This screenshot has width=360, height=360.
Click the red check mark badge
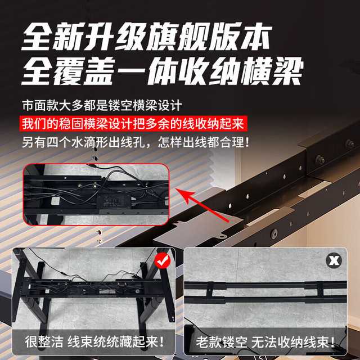163,260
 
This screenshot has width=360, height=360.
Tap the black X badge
334,260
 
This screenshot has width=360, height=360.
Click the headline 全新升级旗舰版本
146,36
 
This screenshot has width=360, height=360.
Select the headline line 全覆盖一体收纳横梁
163,71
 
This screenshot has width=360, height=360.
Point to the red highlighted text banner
134,124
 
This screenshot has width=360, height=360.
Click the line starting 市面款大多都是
102,105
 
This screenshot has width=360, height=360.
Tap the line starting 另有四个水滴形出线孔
136,142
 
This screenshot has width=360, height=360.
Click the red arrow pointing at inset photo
202,205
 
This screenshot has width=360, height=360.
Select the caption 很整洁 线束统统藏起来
94,342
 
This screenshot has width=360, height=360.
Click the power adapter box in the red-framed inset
114,201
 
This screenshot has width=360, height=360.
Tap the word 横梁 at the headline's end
272,71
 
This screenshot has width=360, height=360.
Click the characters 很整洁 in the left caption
44,342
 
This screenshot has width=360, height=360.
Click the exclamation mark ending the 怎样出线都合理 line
247,142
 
